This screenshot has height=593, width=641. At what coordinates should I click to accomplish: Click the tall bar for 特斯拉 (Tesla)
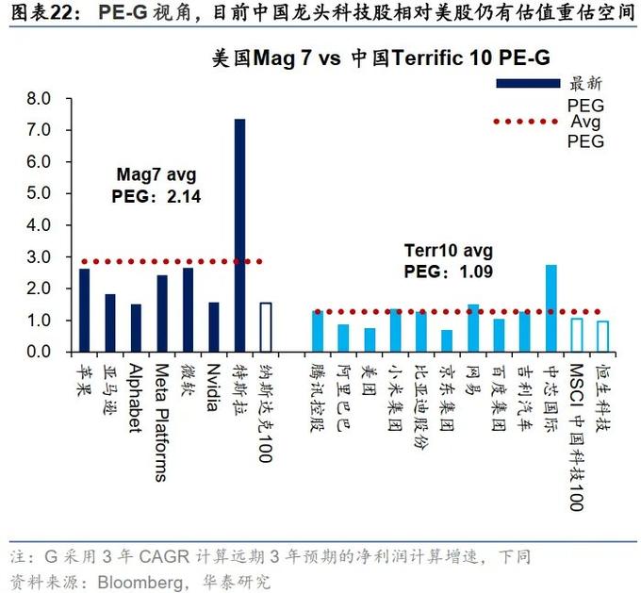[x=239, y=236]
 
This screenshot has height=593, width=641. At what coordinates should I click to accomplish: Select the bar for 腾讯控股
[x=318, y=331]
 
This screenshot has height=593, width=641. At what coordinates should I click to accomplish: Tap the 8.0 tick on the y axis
[x=39, y=98]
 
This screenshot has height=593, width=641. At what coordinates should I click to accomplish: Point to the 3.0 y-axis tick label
[x=39, y=256]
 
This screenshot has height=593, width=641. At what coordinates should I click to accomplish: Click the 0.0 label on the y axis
[x=39, y=352]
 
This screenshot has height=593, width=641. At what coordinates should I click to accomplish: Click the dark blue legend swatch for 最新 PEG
[x=529, y=84]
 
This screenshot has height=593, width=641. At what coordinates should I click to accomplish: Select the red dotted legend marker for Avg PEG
[x=529, y=121]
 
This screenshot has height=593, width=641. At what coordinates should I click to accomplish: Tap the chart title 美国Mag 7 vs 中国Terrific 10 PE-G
[x=381, y=58]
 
